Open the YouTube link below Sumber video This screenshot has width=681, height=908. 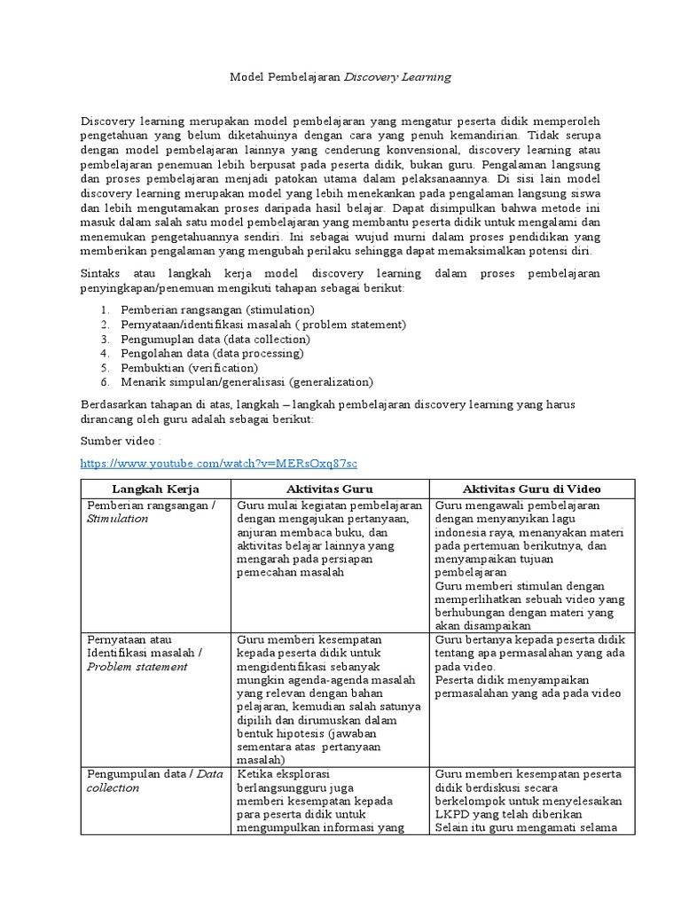tap(218, 464)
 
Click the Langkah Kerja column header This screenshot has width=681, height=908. tap(155, 489)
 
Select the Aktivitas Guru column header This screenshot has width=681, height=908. tap(330, 489)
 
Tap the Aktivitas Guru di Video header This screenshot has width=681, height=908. tap(532, 489)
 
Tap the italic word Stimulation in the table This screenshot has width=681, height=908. tap(117, 519)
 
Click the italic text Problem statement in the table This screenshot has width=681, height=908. tap(137, 667)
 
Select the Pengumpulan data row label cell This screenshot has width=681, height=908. tap(154, 780)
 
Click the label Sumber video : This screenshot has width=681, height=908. tap(121, 441)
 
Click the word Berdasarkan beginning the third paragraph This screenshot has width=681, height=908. tap(112, 404)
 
